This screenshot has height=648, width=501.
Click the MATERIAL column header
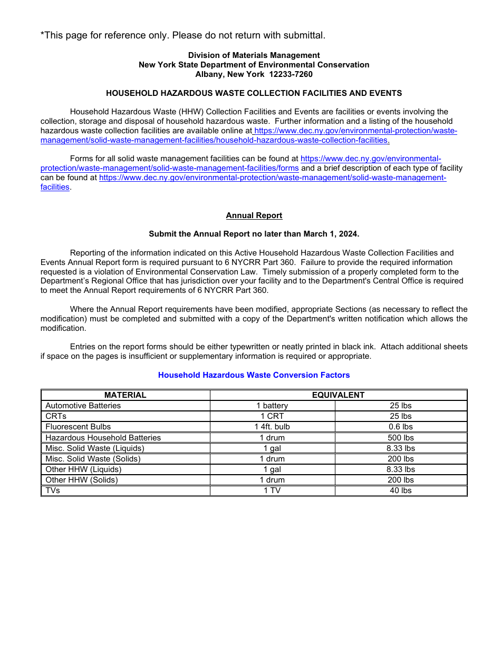click(x=125, y=395)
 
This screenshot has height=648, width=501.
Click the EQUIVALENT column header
click(x=338, y=395)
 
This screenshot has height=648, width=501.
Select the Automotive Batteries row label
click(x=83, y=406)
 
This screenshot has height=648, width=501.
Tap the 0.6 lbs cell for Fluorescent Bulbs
click(x=401, y=427)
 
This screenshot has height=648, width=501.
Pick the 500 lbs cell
click(x=401, y=438)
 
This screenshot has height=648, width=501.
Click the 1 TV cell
click(x=272, y=490)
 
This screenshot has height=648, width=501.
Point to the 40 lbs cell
click(x=401, y=490)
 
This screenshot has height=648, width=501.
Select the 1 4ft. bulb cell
click(x=272, y=427)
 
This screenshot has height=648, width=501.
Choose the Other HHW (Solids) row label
click(x=82, y=480)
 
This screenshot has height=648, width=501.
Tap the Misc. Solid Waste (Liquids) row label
click(x=95, y=448)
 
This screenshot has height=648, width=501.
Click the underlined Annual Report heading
click(x=254, y=215)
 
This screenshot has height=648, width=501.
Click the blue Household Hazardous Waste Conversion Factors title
click(x=254, y=375)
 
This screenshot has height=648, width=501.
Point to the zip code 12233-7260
click(x=291, y=74)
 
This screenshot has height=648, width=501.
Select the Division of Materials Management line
click(x=254, y=55)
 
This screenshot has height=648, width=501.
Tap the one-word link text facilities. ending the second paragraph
click(x=55, y=187)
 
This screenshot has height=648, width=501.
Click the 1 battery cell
click(x=272, y=406)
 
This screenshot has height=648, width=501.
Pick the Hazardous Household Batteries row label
click(x=103, y=438)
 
